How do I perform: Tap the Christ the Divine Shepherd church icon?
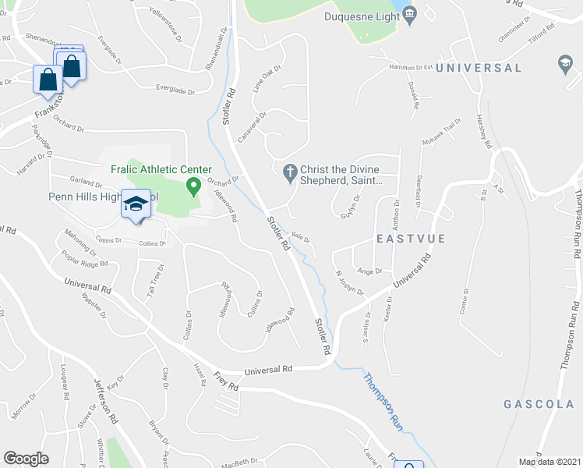pyautogui.click(x=290, y=172)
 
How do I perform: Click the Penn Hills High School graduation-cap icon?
pyautogui.click(x=136, y=205)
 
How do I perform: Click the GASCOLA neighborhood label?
pyautogui.click(x=539, y=405)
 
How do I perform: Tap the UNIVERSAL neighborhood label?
pyautogui.click(x=479, y=68)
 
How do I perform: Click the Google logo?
pyautogui.click(x=26, y=459)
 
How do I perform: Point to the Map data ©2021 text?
pyautogui.click(x=549, y=462)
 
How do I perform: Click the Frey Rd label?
pyautogui.click(x=227, y=383)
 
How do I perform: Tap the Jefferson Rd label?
pyautogui.click(x=106, y=401)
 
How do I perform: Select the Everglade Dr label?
pyautogui.click(x=175, y=90)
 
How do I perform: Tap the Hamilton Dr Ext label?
pyautogui.click(x=411, y=68)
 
